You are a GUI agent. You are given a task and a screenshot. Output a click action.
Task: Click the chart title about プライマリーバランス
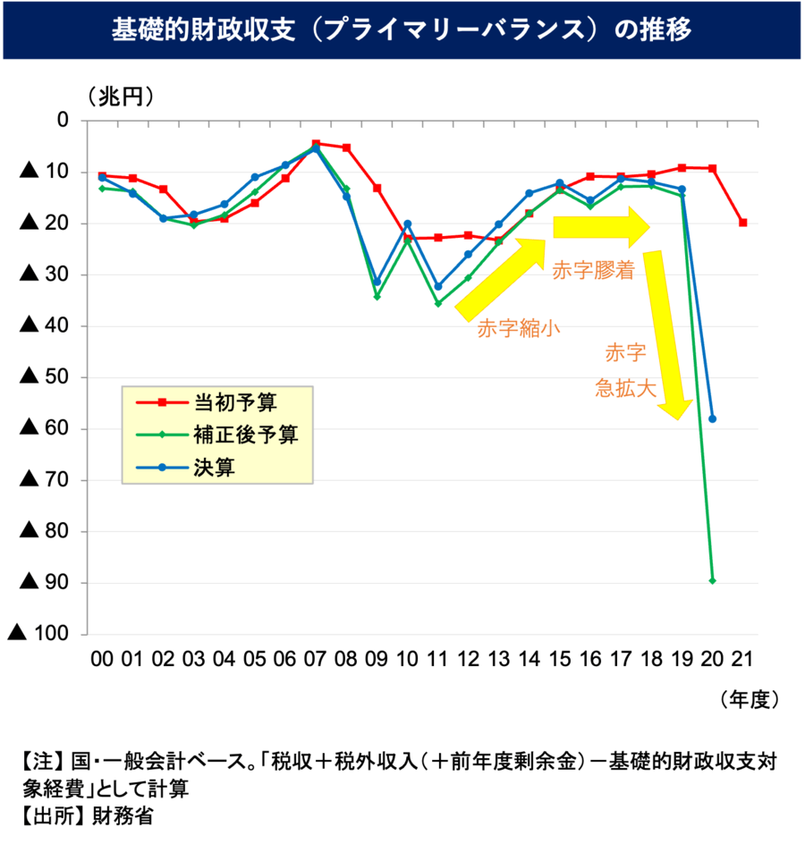402,30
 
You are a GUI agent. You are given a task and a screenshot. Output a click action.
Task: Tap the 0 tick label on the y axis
63,121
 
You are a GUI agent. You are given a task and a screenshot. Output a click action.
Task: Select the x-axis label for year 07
315,660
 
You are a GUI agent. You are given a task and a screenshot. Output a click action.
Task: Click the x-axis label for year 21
741,660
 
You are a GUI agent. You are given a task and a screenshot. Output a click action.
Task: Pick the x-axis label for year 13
498,660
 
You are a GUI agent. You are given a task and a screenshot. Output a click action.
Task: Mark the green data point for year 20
712,580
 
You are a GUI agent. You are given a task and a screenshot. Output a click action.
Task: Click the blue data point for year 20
713,418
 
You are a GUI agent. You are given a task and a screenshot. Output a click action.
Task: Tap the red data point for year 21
742,223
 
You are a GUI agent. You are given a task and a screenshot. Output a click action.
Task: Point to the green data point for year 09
377,297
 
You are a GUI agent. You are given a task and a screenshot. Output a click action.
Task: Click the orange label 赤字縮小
518,328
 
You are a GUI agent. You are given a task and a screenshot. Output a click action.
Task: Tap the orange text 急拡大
626,389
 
